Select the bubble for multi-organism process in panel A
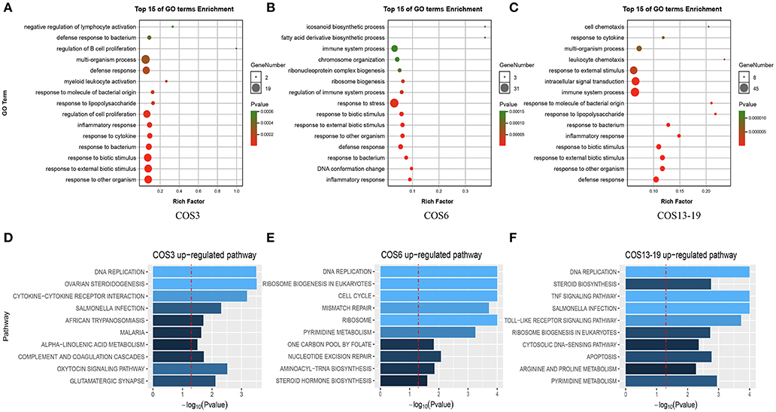pos(147,60)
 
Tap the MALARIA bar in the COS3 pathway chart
pos(177,331)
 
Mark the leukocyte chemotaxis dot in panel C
pos(724,60)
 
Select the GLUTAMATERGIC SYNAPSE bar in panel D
pos(184,380)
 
